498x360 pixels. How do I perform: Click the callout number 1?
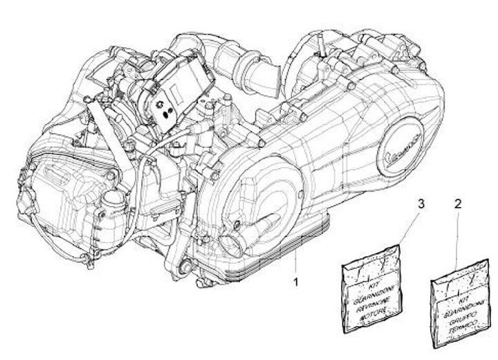click(297, 282)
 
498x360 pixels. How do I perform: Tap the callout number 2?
click(457, 204)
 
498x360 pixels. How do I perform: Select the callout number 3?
click(420, 204)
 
